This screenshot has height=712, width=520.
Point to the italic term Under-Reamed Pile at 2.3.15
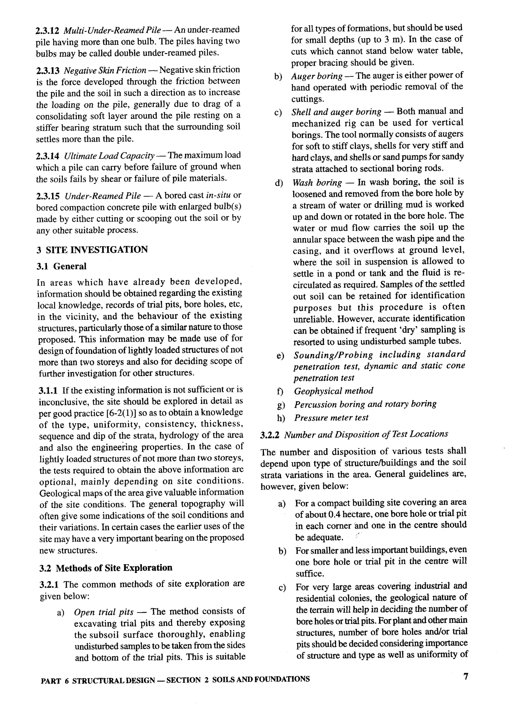(103, 196)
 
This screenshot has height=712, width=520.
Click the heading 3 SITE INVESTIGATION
(92, 250)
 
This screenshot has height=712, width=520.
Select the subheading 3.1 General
(61, 266)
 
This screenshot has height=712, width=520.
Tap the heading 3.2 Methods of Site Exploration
(106, 568)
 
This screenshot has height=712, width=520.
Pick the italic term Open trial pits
(104, 612)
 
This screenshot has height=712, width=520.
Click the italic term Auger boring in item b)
(317, 76)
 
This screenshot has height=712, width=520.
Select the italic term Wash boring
(317, 183)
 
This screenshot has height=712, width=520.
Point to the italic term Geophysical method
(334, 391)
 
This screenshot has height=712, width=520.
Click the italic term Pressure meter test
(331, 418)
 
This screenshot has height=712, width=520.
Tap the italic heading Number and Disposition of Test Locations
(366, 435)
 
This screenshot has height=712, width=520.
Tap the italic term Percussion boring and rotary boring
(365, 404)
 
